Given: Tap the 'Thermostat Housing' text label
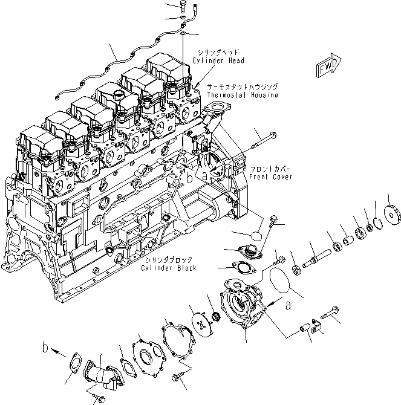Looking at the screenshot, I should (x=243, y=95).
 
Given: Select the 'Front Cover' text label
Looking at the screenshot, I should (x=270, y=177).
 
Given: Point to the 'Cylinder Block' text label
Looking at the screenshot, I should (x=169, y=267).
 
